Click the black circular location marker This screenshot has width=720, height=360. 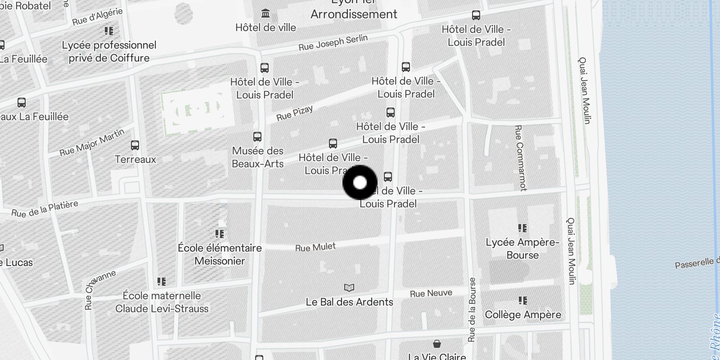pyautogui.click(x=360, y=183)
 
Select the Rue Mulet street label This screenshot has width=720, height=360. pyautogui.click(x=315, y=247)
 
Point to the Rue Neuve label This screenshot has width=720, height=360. pyautogui.click(x=431, y=293)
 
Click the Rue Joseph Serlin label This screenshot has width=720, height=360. pyautogui.click(x=333, y=43)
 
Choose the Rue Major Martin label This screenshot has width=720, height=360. pyautogui.click(x=92, y=142)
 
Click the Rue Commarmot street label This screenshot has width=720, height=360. pyautogui.click(x=520, y=157)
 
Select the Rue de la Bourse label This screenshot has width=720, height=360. pyautogui.click(x=472, y=310)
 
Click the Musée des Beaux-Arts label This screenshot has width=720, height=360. pyautogui.click(x=258, y=157)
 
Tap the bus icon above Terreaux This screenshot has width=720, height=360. pyautogui.click(x=135, y=145)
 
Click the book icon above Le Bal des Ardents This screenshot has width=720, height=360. pyautogui.click(x=349, y=288)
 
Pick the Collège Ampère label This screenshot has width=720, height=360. pyautogui.click(x=523, y=315)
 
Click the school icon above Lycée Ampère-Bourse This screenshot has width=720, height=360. pyautogui.click(x=522, y=228)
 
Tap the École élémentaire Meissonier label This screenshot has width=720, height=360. pyautogui.click(x=220, y=254)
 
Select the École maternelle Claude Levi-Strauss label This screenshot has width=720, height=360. pyautogui.click(x=162, y=302)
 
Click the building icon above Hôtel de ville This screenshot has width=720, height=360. pyautogui.click(x=265, y=13)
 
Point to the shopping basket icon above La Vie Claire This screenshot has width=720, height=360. pyautogui.click(x=436, y=344)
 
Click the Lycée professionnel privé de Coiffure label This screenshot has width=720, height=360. pyautogui.click(x=109, y=51)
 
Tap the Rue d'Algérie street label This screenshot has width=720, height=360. pyautogui.click(x=97, y=17)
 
